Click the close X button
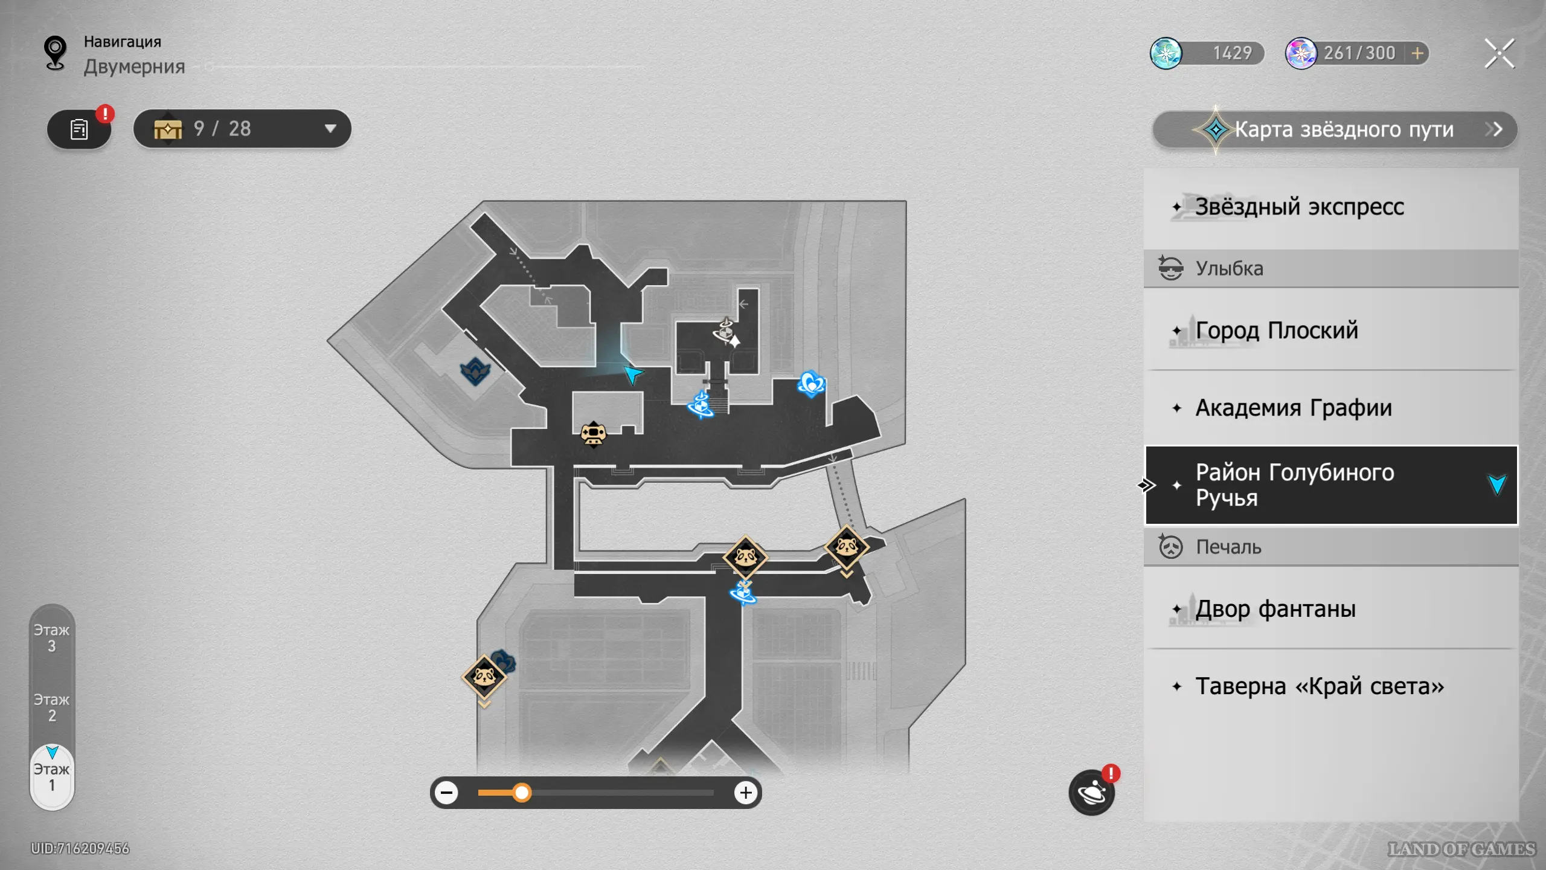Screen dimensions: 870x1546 point(1499,54)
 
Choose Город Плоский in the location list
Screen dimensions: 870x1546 point(1276,331)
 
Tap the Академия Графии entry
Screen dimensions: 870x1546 point(1293,408)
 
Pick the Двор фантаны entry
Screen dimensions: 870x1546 point(1275,609)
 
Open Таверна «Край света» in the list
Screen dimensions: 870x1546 point(1319,686)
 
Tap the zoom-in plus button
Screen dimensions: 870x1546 point(746,793)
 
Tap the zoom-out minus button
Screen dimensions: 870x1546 point(447,793)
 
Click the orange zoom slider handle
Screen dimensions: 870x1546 point(522,793)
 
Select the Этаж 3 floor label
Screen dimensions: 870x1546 point(52,638)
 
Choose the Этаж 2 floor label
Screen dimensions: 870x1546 point(52,707)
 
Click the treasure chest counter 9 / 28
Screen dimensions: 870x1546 point(242,129)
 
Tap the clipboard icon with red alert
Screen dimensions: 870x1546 point(79,129)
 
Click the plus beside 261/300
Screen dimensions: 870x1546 point(1417,54)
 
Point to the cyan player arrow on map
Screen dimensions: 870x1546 point(632,374)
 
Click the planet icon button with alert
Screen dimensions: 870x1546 point(1091,793)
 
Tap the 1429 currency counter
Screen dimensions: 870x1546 point(1208,54)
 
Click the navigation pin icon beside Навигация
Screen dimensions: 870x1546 point(55,53)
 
